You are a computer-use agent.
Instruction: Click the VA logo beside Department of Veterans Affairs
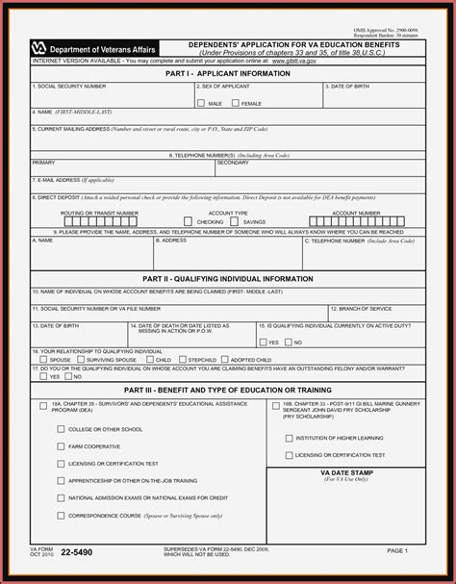coord(39,46)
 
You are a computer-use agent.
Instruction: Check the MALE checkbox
coord(200,102)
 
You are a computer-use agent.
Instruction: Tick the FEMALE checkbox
coord(235,102)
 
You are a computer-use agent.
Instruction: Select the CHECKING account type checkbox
coord(190,221)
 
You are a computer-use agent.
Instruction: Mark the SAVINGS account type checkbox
coord(238,221)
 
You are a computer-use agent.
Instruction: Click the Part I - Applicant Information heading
coord(228,72)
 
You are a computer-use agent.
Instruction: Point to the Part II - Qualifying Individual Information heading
coord(228,278)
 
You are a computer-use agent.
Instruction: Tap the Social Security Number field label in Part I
coord(68,86)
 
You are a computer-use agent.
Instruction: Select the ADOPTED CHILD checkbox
coord(225,360)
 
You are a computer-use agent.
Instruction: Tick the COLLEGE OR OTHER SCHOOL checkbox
coord(61,429)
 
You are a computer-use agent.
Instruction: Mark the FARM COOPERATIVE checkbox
coord(61,446)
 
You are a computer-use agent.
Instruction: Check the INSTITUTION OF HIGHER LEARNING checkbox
coord(286,438)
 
